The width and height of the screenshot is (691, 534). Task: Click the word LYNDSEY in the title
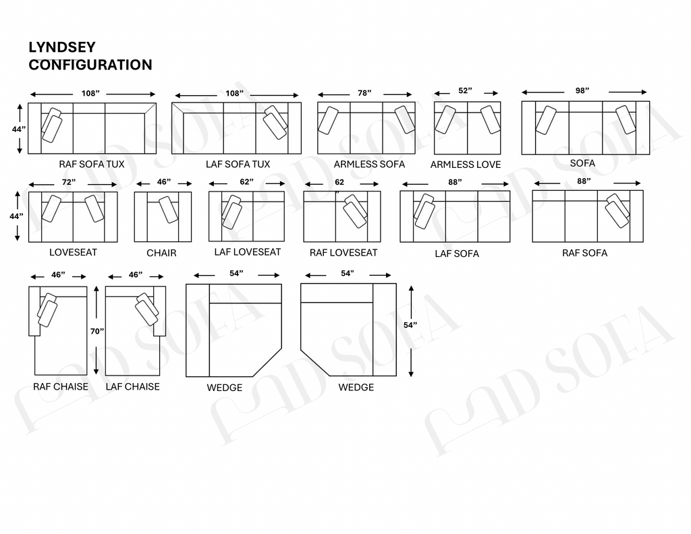(62, 47)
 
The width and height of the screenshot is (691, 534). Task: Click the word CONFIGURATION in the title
(90, 65)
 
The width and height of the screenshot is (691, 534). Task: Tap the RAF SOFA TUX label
(92, 165)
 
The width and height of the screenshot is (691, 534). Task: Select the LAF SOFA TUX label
(238, 165)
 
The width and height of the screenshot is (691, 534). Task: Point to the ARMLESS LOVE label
(466, 165)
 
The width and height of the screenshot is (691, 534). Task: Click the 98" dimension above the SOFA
(582, 91)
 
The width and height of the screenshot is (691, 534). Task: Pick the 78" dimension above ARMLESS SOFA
(364, 93)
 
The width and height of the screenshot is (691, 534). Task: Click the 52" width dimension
(465, 91)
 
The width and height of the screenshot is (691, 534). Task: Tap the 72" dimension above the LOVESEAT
(69, 182)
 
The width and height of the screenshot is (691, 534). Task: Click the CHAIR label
(161, 253)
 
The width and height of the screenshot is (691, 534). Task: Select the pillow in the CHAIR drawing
(168, 210)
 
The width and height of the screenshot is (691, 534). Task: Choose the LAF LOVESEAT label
(248, 252)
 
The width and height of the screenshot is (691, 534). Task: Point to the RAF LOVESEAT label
(343, 253)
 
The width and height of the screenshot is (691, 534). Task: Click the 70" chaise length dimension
(97, 332)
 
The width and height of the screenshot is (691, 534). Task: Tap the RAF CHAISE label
(60, 386)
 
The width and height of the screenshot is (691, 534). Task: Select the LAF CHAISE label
(133, 386)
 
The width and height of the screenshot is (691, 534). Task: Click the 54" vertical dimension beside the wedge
(410, 325)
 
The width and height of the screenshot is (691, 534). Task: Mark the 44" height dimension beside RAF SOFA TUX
(18, 129)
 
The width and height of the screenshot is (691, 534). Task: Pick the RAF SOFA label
(584, 253)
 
